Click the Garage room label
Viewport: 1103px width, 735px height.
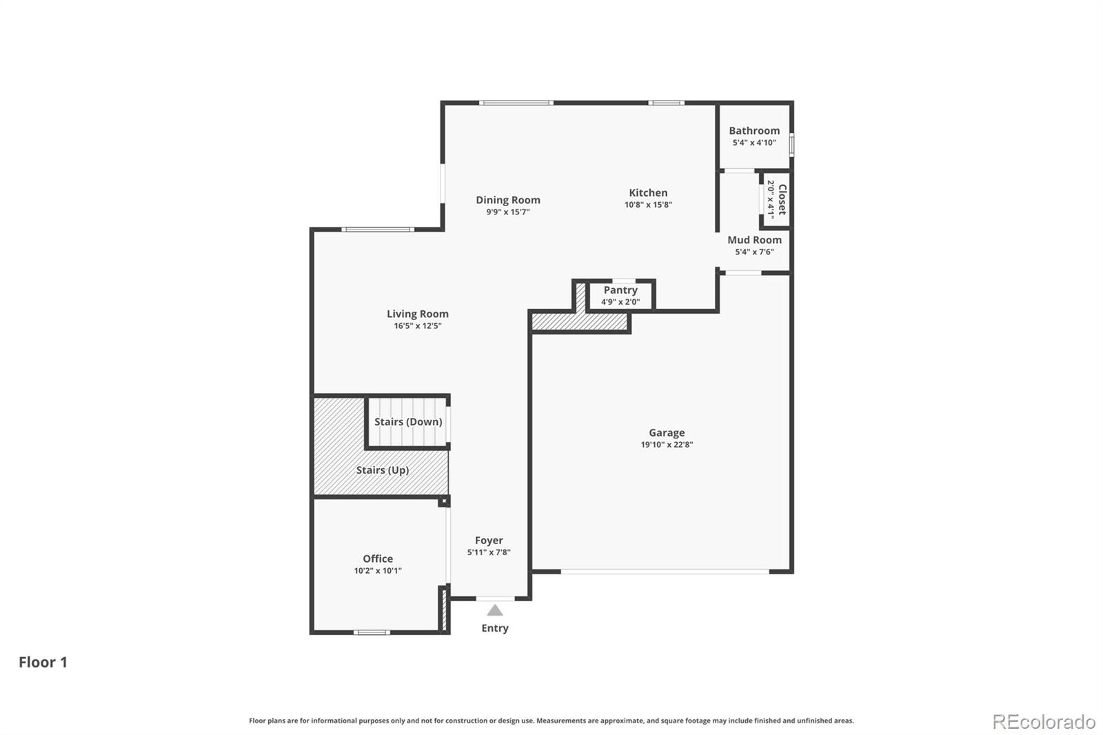666,432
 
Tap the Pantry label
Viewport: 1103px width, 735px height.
620,290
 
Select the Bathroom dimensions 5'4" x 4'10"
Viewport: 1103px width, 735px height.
754,143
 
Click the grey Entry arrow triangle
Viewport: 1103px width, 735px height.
495,610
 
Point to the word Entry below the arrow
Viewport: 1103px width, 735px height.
495,628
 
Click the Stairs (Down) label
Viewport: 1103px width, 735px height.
408,421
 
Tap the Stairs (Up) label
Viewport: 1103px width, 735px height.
383,470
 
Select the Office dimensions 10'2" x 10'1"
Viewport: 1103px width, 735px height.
378,571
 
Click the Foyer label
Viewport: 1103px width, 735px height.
489,541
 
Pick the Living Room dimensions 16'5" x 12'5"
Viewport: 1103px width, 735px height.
417,326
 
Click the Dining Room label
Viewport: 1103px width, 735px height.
508,200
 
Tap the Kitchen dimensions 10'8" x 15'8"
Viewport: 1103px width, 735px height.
648,205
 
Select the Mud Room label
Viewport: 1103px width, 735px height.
754,240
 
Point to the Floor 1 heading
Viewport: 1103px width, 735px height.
43,662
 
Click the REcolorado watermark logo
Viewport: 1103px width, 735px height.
1044,722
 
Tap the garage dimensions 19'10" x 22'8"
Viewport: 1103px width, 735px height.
666,445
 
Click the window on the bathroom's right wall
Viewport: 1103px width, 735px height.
791,144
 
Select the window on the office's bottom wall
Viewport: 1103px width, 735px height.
372,632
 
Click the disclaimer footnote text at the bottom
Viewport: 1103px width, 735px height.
551,721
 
